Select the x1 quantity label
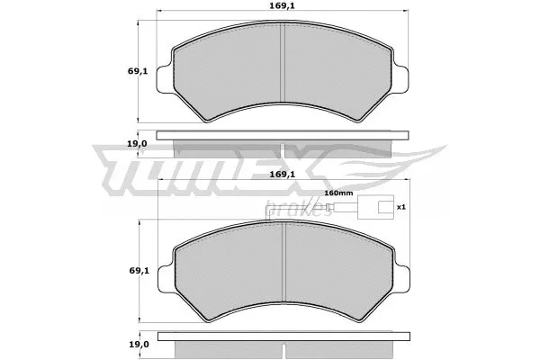(x=401, y=206)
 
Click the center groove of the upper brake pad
(x=283, y=67)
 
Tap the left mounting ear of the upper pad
(x=165, y=76)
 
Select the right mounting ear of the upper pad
(x=402, y=76)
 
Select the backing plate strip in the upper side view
(x=283, y=136)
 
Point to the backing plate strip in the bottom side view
(x=283, y=337)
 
